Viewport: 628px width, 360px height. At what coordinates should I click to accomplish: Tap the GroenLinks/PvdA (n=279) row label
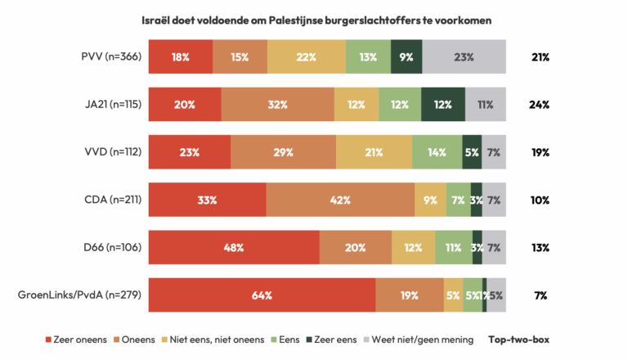[78, 295]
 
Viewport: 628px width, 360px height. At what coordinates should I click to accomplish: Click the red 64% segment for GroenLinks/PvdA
[262, 295]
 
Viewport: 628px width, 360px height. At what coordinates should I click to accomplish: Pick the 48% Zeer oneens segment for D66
[233, 248]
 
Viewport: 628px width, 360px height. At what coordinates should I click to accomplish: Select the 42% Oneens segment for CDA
[340, 200]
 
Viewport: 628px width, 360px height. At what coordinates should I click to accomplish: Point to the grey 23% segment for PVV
[464, 57]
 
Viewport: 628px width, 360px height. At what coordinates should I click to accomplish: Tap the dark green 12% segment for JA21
[442, 105]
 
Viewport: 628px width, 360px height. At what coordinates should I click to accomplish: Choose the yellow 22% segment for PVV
[306, 57]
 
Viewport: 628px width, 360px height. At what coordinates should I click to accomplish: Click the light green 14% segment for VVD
[437, 152]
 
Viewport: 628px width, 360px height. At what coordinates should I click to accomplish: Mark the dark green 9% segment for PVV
[406, 57]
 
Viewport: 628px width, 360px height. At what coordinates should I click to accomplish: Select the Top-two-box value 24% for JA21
[539, 105]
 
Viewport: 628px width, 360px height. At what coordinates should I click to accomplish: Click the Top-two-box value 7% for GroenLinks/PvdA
[541, 295]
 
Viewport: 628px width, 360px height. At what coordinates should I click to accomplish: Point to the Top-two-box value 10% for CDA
[539, 200]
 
